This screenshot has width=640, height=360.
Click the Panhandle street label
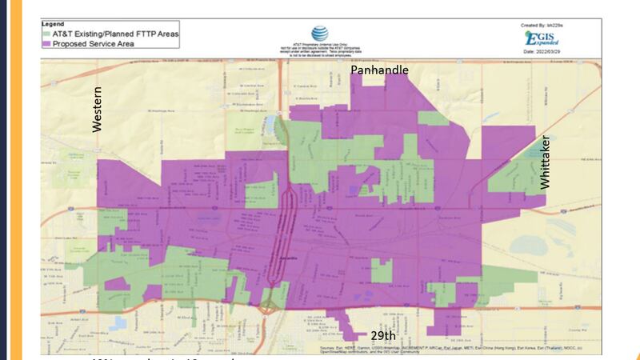(380, 70)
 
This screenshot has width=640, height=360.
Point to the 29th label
(383, 335)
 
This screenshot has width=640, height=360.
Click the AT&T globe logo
(319, 34)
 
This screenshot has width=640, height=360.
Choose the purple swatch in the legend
(47, 43)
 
